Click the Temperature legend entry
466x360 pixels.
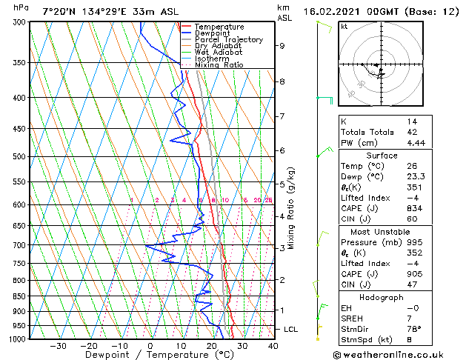pos(219,27)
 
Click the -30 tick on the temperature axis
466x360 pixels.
pos(57,346)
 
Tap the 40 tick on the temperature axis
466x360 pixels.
pos(273,346)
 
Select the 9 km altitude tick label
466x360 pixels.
pos(282,46)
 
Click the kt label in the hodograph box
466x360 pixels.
pos(344,27)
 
